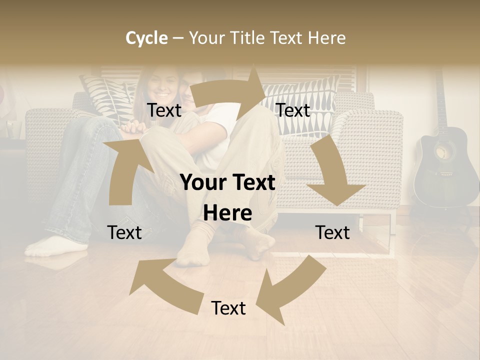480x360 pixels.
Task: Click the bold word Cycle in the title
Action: click(x=146, y=38)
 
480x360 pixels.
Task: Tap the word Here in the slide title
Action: click(x=326, y=38)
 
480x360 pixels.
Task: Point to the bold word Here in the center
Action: click(x=227, y=213)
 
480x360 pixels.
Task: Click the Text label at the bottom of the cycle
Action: click(x=228, y=308)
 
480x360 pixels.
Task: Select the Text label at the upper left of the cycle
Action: click(x=164, y=110)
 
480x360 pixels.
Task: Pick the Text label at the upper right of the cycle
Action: click(x=293, y=110)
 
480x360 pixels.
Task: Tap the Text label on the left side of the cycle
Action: click(x=124, y=232)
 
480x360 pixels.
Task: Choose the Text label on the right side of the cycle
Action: click(x=332, y=232)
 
